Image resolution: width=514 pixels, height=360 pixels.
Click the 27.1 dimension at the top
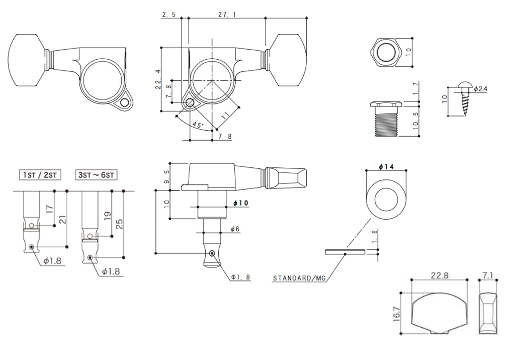227,14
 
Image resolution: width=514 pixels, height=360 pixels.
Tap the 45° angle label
198,125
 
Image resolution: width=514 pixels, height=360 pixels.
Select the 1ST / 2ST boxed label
40,175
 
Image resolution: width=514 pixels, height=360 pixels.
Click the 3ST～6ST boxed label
96,175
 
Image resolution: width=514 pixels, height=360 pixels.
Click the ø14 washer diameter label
386,167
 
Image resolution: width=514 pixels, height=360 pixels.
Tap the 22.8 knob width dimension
440,275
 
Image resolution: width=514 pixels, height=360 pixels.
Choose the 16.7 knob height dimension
397,314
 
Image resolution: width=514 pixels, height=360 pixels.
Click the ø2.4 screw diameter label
480,89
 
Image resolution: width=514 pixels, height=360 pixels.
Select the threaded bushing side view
386,119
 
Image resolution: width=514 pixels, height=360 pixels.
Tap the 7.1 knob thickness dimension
488,275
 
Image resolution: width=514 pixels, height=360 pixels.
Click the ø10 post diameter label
241,203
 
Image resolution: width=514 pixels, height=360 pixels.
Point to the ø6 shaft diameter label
235,229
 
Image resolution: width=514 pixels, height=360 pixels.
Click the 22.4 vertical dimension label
158,79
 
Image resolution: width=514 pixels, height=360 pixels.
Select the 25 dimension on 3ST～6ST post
119,224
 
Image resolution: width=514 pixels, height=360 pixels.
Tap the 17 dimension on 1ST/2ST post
50,209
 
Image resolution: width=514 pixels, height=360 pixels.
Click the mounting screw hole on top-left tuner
125,103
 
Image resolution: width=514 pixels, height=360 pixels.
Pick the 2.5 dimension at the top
169,14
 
